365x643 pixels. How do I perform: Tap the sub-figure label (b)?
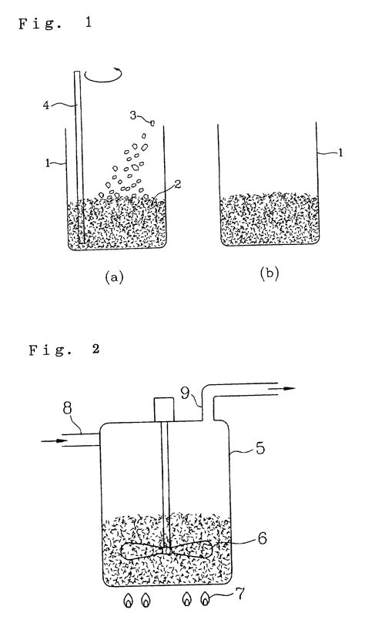click(x=269, y=275)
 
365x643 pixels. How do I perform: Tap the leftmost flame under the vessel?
click(x=127, y=600)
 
